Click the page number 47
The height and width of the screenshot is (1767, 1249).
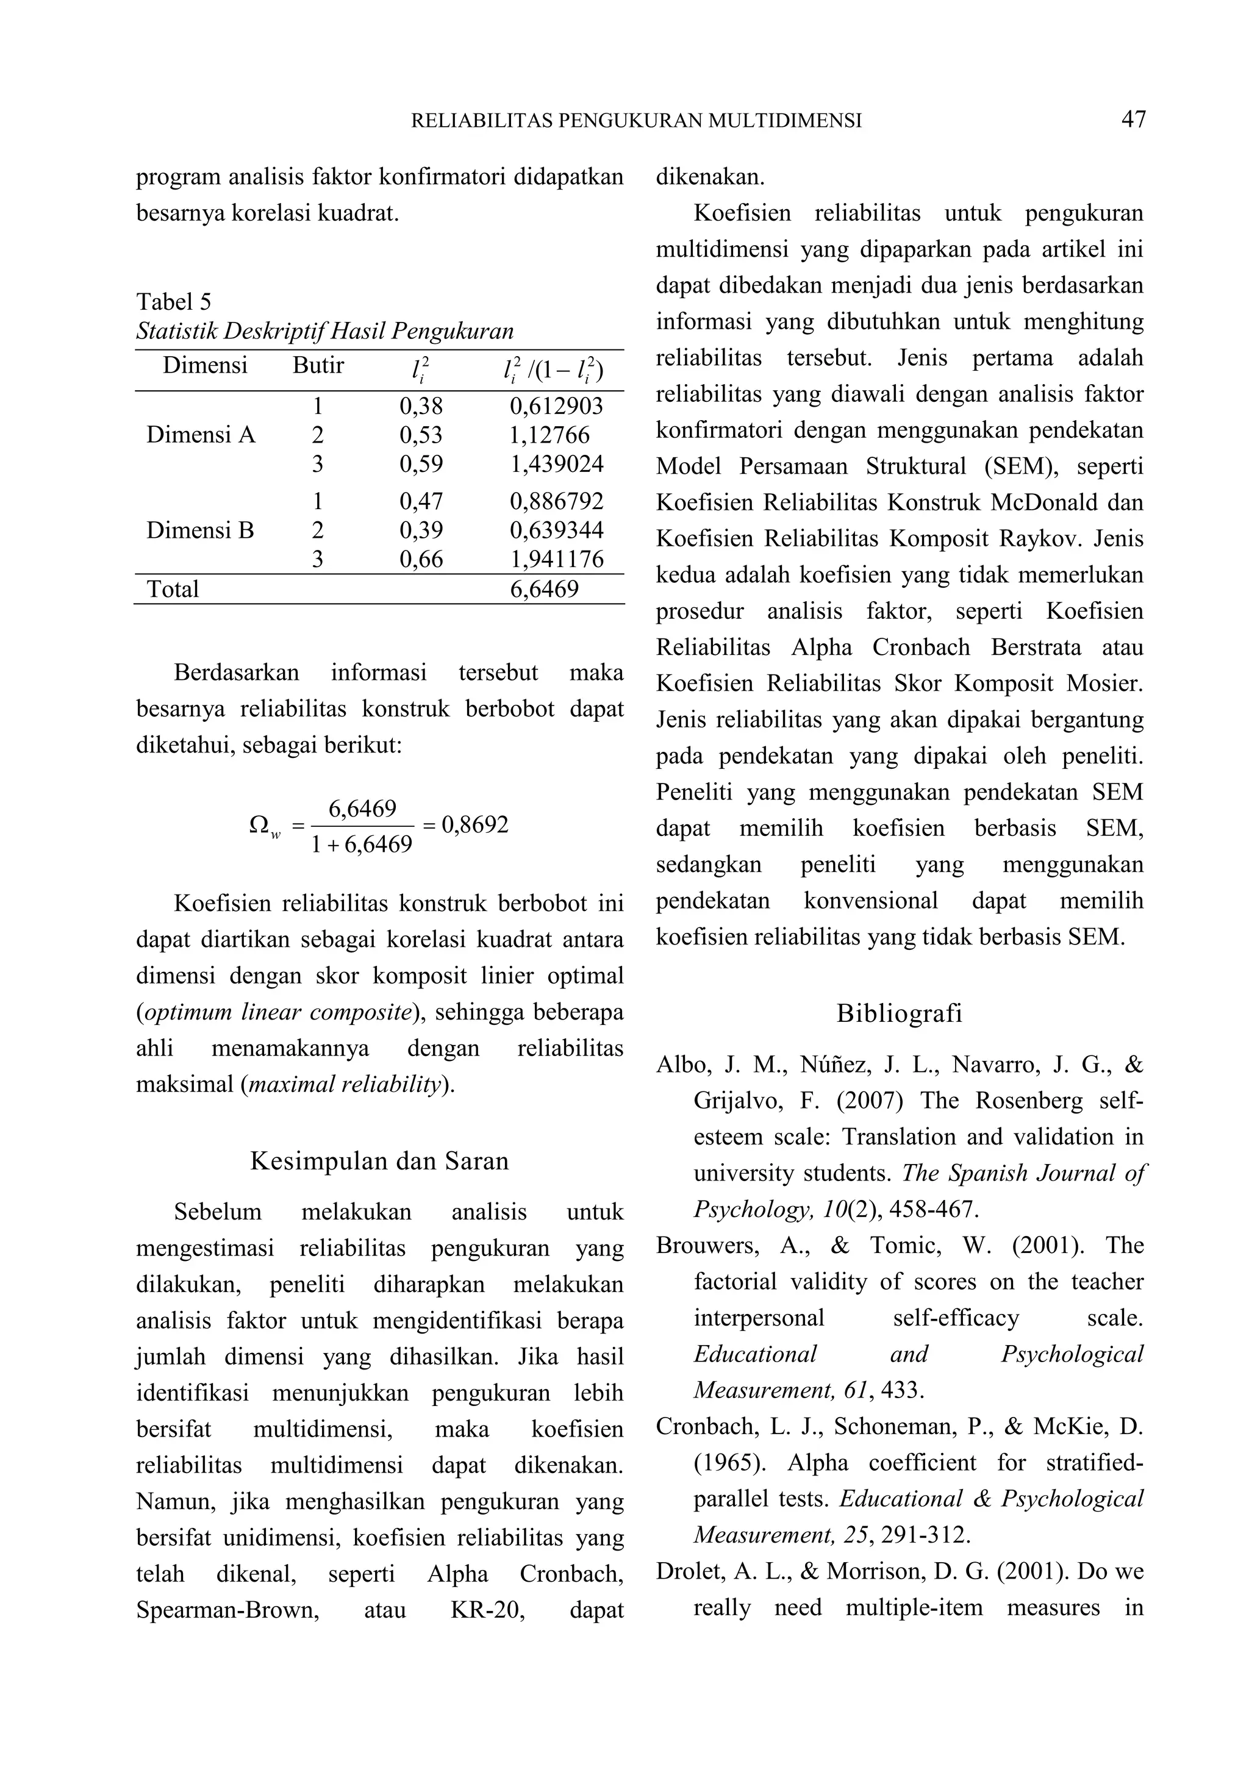point(1133,120)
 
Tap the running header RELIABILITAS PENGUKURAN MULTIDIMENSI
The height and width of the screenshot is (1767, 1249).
point(637,121)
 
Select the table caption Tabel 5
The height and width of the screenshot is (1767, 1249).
point(173,301)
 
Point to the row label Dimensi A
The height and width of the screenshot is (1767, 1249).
point(200,435)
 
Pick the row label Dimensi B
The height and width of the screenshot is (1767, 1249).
point(200,530)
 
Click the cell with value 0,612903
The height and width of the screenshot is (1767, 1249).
point(556,406)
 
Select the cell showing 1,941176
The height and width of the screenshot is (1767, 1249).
point(556,560)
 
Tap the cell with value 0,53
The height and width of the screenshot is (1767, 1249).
point(421,435)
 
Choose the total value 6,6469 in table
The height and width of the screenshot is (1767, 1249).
point(544,590)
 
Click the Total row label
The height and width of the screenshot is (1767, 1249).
point(173,590)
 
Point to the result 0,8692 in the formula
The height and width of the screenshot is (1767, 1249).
point(475,825)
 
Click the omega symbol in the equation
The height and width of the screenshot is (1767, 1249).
point(259,825)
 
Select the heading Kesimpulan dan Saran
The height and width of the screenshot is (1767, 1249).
point(379,1160)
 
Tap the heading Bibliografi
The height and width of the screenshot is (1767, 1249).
point(899,1013)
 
